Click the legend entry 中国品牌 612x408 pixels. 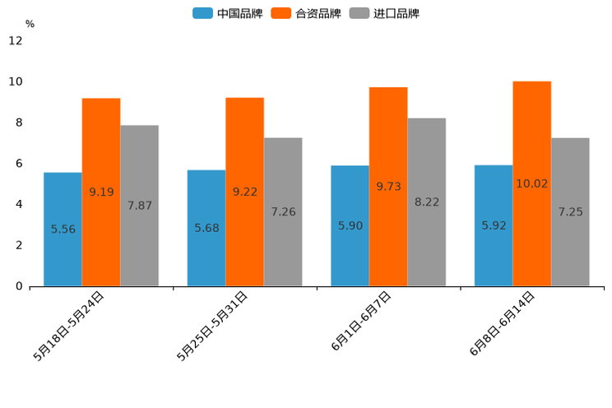pyautogui.click(x=228, y=13)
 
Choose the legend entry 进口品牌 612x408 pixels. pyautogui.click(x=384, y=13)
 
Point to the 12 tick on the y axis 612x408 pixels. pyautogui.click(x=16, y=41)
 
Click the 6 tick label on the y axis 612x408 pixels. pyautogui.click(x=18, y=164)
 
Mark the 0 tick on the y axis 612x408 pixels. pyautogui.click(x=18, y=286)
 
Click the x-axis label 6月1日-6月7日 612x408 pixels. pyautogui.click(x=361, y=322)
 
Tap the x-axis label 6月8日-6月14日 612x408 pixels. pyautogui.click(x=502, y=323)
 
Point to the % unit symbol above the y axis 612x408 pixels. pyautogui.click(x=30, y=24)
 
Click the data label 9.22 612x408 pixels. pyautogui.click(x=245, y=192)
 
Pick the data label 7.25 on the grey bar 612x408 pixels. pyautogui.click(x=570, y=212)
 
